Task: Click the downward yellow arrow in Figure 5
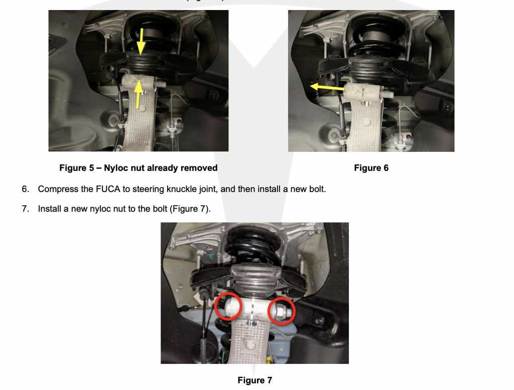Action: click(x=141, y=41)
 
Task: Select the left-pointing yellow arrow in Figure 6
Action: click(x=327, y=87)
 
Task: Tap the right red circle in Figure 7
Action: click(x=282, y=311)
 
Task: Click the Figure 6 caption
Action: click(x=371, y=168)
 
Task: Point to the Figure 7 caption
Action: click(x=254, y=380)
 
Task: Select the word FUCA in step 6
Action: click(x=108, y=189)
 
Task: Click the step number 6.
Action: click(x=25, y=189)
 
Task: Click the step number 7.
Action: click(x=25, y=209)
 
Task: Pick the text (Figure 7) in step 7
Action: click(x=190, y=209)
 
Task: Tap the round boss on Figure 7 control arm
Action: click(x=250, y=345)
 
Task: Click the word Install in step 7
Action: click(x=50, y=209)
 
